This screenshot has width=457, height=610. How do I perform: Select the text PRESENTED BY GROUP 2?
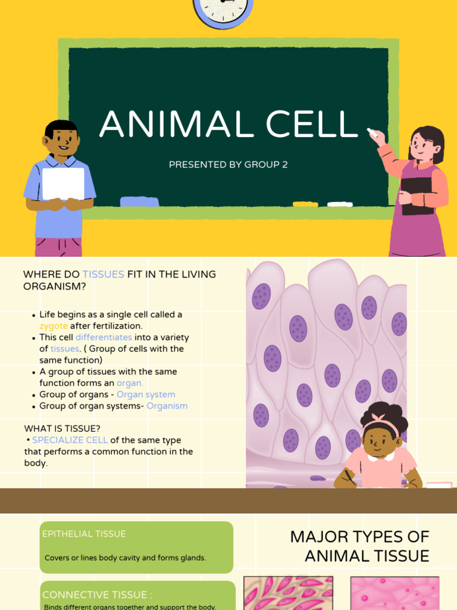click(x=228, y=164)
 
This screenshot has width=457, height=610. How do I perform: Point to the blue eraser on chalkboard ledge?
click(x=139, y=201)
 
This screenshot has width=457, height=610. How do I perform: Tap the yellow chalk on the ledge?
click(x=305, y=204)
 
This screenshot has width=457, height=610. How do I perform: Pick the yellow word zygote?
click(x=54, y=326)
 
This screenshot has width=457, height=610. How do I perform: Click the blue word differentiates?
click(x=104, y=337)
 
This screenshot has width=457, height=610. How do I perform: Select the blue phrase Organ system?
click(x=146, y=394)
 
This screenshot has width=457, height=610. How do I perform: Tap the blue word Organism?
click(x=167, y=406)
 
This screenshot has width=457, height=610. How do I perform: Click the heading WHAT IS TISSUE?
click(x=62, y=428)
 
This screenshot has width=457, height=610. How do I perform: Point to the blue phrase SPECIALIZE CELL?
click(x=70, y=440)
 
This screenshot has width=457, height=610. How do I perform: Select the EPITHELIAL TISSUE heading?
click(x=84, y=534)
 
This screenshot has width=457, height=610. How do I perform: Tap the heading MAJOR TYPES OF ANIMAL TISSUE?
click(x=359, y=546)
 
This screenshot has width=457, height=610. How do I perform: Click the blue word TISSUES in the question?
click(x=103, y=274)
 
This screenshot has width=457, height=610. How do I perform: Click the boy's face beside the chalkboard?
click(x=63, y=141)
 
